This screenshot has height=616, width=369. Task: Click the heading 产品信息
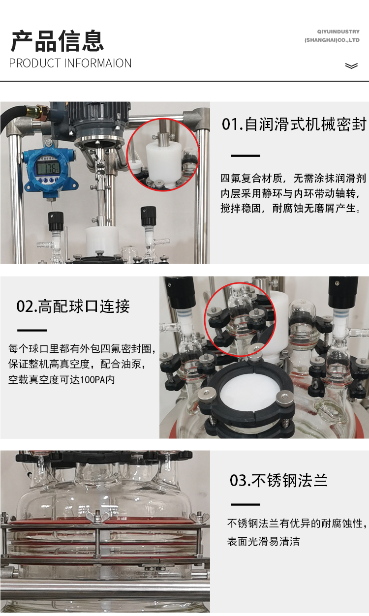[57, 41]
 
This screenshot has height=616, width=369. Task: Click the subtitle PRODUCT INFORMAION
[70, 63]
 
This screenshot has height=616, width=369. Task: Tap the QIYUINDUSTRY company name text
[338, 31]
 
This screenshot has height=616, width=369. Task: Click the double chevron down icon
[351, 66]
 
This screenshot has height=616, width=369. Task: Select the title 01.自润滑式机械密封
[294, 124]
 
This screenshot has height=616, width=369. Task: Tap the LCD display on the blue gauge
[48, 167]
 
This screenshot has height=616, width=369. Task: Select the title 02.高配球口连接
[73, 306]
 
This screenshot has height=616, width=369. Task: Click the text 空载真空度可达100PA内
[61, 380]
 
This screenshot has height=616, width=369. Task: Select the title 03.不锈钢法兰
[278, 480]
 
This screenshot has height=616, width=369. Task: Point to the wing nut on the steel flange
[97, 517]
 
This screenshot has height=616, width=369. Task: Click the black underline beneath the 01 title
[246, 155]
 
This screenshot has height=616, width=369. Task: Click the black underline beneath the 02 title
[32, 330]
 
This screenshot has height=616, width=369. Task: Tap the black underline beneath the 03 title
[246, 504]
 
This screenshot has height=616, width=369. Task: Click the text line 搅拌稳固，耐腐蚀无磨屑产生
[291, 208]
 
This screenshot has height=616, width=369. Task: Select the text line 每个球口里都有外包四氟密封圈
[82, 349]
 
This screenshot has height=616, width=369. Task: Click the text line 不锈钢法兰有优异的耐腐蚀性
[297, 524]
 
